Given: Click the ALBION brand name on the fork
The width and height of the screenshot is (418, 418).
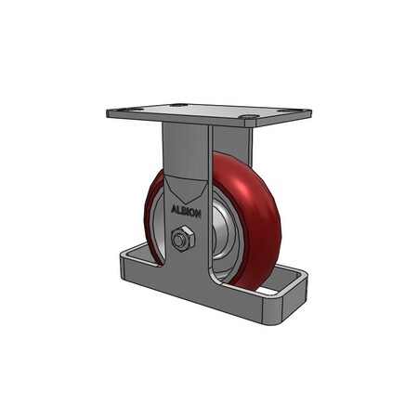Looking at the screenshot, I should [185, 210].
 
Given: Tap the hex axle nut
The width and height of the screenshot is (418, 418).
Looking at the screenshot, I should [183, 239].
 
